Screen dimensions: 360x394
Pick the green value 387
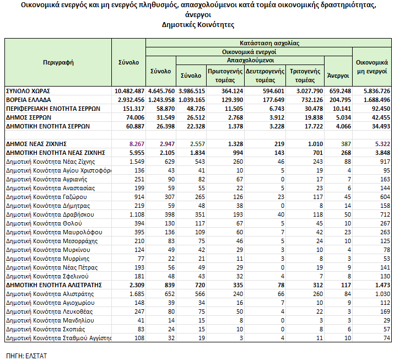point(344,144)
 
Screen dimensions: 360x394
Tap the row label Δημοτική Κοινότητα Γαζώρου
point(47,197)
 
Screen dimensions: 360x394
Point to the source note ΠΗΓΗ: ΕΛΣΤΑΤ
point(26,355)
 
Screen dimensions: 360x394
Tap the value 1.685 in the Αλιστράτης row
point(136,294)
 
